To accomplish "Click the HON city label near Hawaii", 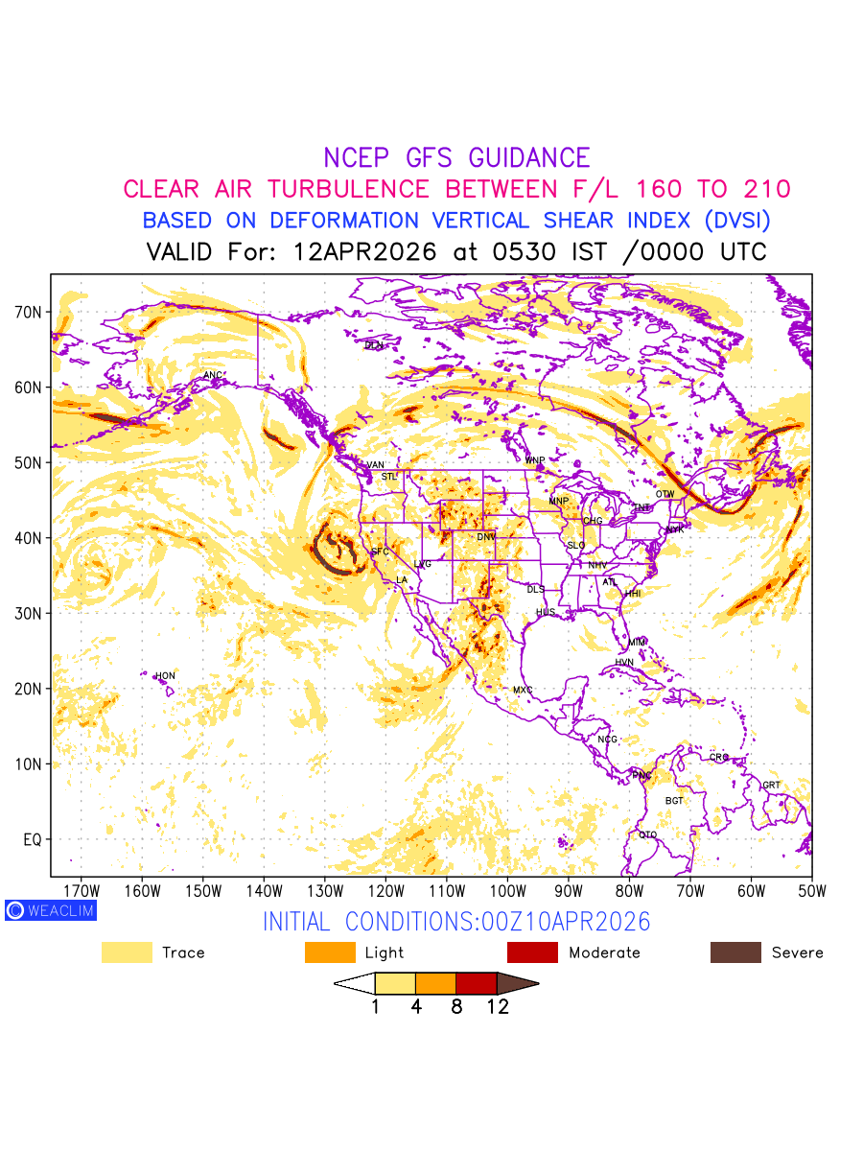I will [x=166, y=676].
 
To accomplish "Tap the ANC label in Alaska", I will [x=213, y=375].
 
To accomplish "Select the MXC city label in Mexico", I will [x=523, y=691].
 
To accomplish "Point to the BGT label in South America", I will [x=674, y=800].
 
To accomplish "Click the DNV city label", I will [x=486, y=537].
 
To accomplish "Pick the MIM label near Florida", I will [x=638, y=642].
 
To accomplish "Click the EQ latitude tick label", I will [x=33, y=840].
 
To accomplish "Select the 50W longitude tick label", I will [x=811, y=891].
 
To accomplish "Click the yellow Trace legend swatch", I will [x=127, y=952].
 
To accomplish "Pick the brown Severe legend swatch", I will [x=735, y=952].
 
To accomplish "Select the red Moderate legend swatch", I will [x=532, y=952].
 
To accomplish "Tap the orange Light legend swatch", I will [x=330, y=952].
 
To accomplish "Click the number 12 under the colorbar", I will [x=497, y=1007].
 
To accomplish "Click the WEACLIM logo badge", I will [x=50, y=910].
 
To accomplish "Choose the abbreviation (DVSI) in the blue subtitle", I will [x=736, y=221].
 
